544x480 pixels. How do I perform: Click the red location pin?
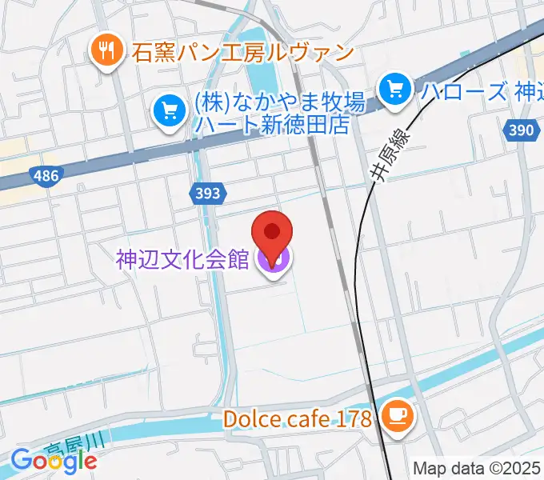pyautogui.click(x=272, y=234)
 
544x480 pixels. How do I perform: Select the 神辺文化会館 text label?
pyautogui.click(x=182, y=260)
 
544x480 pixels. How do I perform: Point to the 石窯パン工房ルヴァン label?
pyautogui.click(x=242, y=54)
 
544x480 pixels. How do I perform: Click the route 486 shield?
pyautogui.click(x=46, y=175)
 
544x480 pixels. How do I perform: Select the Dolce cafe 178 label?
pyautogui.click(x=298, y=418)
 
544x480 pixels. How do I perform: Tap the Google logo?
pyautogui.click(x=54, y=460)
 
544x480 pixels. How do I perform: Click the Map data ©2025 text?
pyautogui.click(x=478, y=469)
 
